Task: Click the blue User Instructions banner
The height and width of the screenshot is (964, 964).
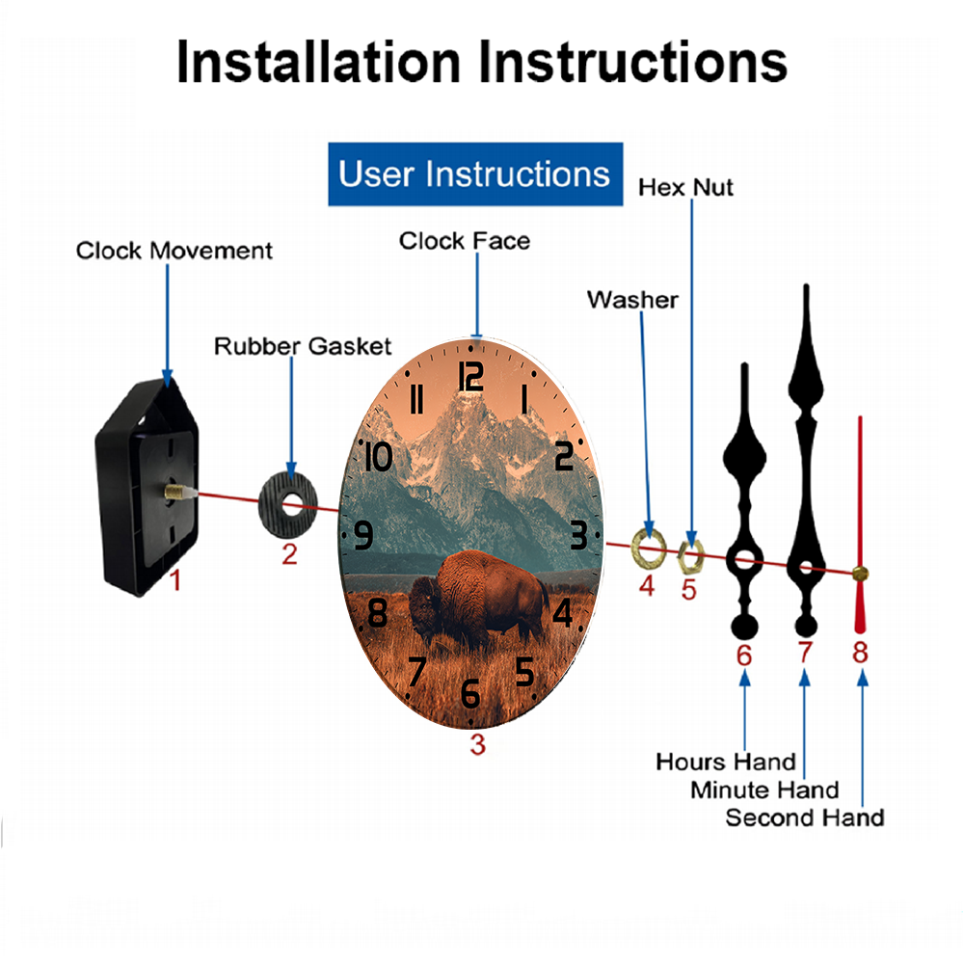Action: [475, 174]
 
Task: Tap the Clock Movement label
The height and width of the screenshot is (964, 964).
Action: [174, 251]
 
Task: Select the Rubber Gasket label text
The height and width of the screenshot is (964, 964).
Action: [303, 346]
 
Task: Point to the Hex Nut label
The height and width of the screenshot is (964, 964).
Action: [685, 188]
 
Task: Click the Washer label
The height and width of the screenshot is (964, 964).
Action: [632, 300]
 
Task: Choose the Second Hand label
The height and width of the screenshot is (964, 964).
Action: [805, 817]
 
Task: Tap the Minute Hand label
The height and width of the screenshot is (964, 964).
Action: [764, 790]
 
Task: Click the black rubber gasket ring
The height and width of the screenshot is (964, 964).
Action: [288, 506]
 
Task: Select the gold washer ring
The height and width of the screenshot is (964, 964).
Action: [649, 548]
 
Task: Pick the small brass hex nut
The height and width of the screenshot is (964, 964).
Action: [690, 556]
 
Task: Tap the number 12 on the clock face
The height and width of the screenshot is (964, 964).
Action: [471, 376]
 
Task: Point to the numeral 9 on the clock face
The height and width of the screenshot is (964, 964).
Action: [363, 535]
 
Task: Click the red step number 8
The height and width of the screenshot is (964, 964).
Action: [860, 653]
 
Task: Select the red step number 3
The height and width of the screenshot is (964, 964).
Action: [478, 744]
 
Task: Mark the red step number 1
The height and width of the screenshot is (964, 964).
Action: [175, 580]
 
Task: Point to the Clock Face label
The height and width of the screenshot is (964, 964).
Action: [465, 241]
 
